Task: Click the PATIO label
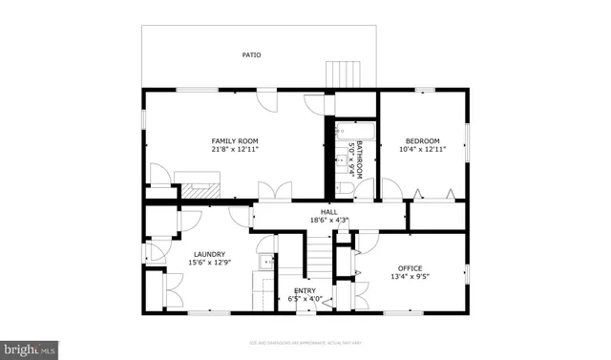point(253,55)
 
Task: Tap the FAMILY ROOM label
point(235,140)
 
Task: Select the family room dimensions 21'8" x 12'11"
point(235,150)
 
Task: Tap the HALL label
point(328,212)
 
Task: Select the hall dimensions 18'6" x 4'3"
point(328,221)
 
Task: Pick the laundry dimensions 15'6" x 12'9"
point(209,263)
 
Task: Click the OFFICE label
point(411,268)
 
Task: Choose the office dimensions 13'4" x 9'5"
point(411,277)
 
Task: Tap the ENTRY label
point(305,290)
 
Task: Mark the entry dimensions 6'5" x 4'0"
point(305,299)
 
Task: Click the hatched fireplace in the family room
point(201,188)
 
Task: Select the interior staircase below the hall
point(318,258)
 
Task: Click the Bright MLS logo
point(30,349)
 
